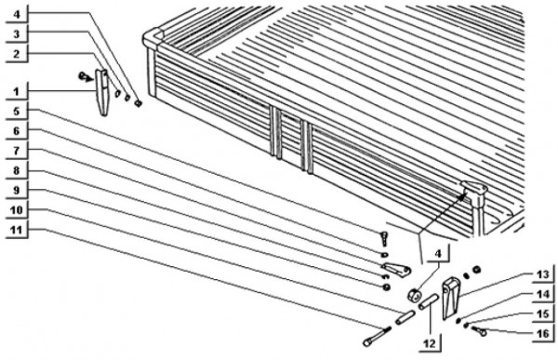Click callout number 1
pos(16,92)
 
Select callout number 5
pos(17,112)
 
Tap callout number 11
pos(16,231)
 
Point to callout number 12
pos(430,343)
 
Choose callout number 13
pos(543,274)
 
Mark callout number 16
pos(543,334)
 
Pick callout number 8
pos(17,171)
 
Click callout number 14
pos(543,294)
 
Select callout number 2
pos(17,54)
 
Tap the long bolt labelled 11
pos(377,337)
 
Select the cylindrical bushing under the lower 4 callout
pos(414,295)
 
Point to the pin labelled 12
pos(428,301)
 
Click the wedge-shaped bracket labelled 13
pos(451,298)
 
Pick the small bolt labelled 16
pos(479,331)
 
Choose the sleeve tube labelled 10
pos(405,317)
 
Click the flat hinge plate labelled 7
pos(396,269)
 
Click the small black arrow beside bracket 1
pos(84,76)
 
